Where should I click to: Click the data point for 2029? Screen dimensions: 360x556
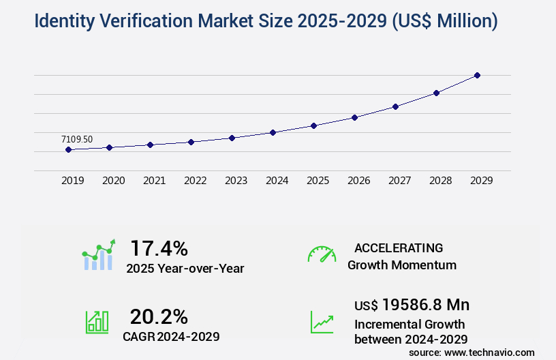pos(477,75)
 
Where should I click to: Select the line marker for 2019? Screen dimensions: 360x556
pos(68,149)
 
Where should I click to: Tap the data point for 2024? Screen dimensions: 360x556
pos(273,132)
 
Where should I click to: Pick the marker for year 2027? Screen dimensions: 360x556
pos(395,106)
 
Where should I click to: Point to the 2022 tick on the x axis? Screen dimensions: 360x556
pos(196,181)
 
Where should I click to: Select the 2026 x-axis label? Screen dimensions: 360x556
pos(359,181)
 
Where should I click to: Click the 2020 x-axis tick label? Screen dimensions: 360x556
pos(114,181)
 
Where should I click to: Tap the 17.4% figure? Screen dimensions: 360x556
pos(159,247)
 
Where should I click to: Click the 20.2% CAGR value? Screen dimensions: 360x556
pos(159,316)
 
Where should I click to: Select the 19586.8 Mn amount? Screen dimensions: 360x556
pos(425,304)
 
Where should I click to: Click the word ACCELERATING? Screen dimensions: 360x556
pos(399,247)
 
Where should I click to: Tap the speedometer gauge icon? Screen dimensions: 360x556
pos(322,254)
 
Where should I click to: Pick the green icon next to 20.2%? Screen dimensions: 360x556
pos(97,322)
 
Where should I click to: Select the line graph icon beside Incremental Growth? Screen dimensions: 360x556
pos(322,322)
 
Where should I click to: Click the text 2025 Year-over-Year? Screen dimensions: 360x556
pos(185,269)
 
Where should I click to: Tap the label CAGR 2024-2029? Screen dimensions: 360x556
pos(171,336)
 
